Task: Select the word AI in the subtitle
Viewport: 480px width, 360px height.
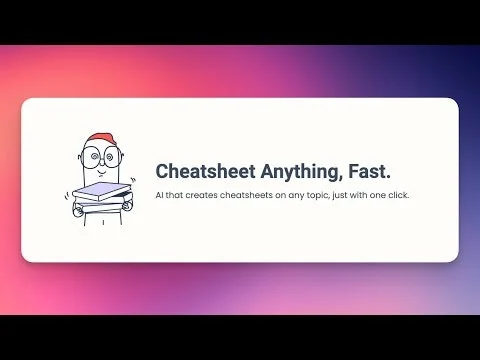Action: (x=160, y=194)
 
